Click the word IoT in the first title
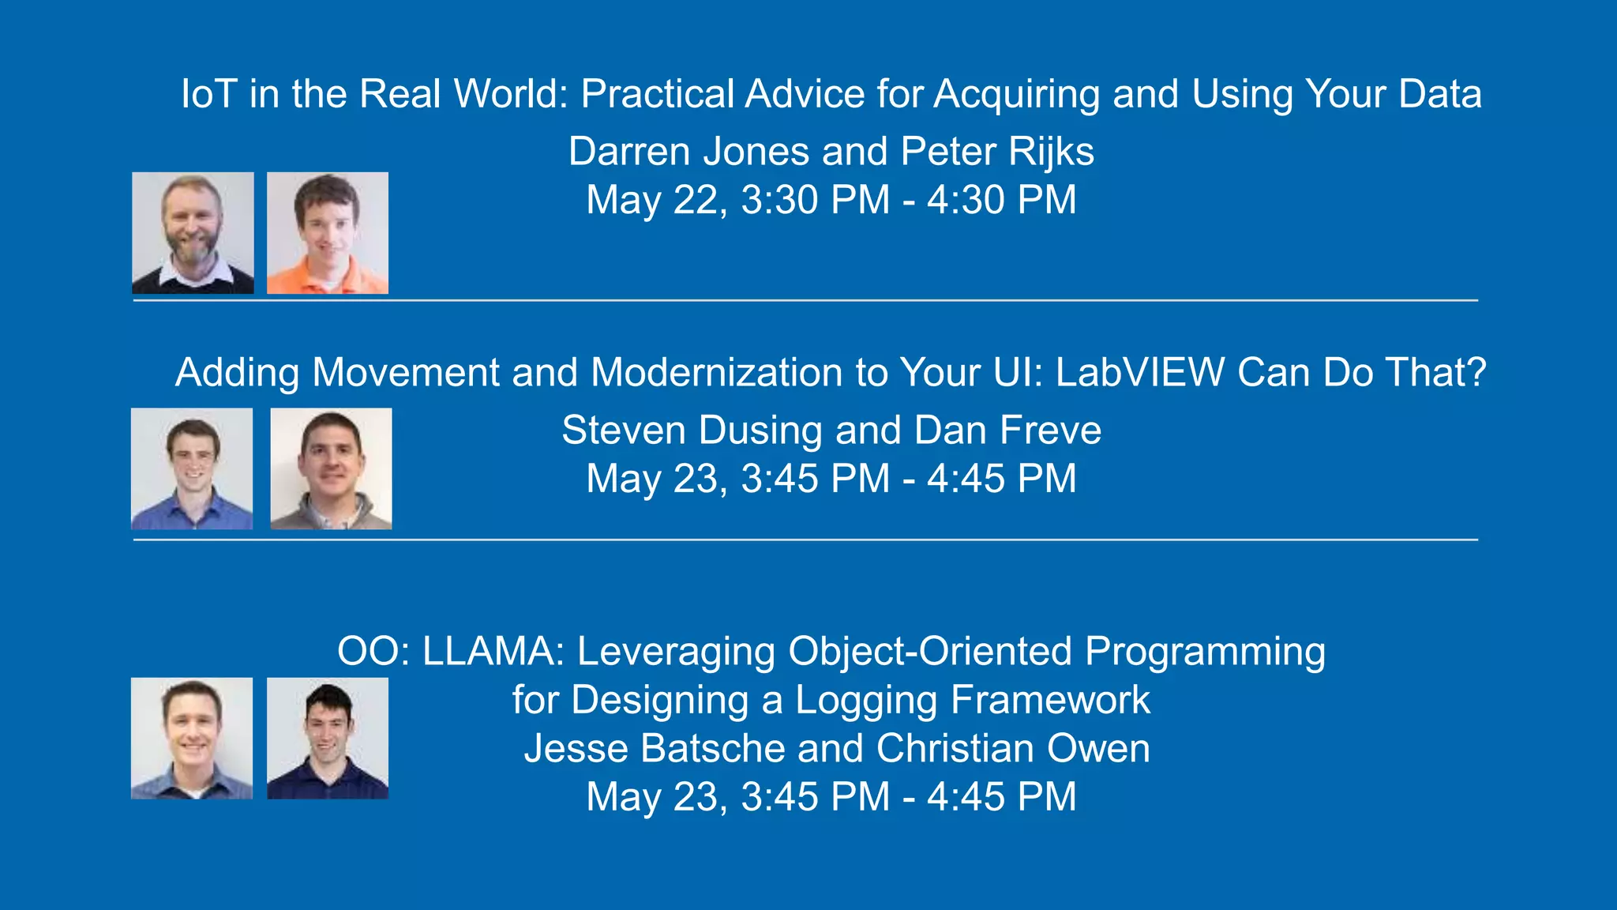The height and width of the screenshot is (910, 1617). click(x=209, y=94)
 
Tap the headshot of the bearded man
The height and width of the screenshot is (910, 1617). click(x=193, y=233)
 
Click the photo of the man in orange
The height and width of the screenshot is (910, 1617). click(x=328, y=233)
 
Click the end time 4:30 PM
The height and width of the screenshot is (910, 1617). click(x=1001, y=200)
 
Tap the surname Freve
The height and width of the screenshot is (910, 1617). click(x=1050, y=431)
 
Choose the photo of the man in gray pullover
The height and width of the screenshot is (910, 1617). click(x=331, y=468)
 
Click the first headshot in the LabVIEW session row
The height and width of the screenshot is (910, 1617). click(x=192, y=468)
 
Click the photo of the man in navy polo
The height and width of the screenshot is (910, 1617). click(x=328, y=738)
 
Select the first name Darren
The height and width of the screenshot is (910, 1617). click(x=629, y=152)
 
